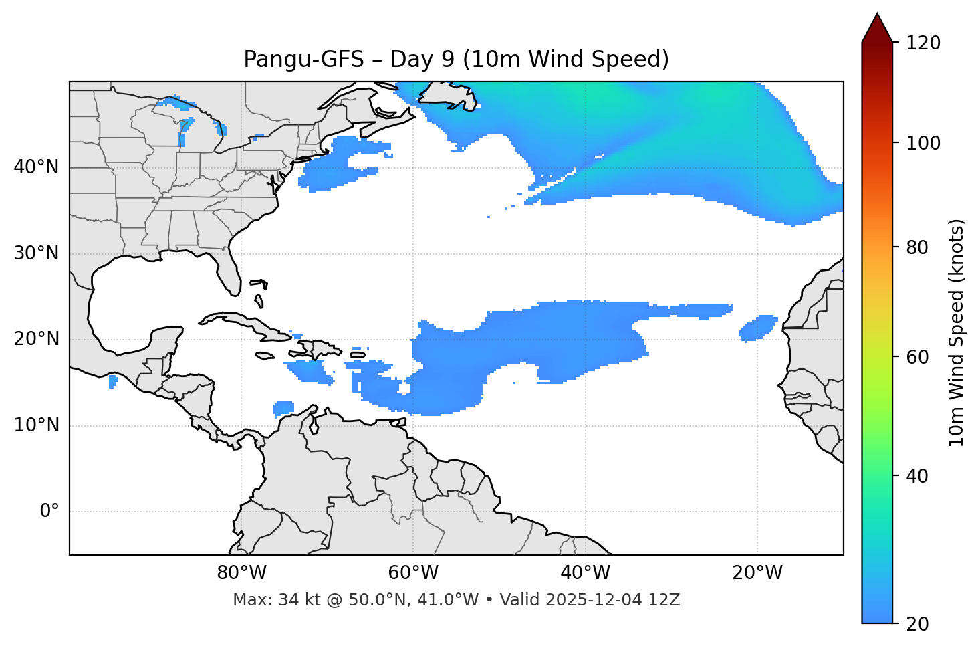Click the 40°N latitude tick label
[x=36, y=167]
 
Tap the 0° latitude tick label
[x=49, y=512]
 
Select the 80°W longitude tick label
[x=241, y=574]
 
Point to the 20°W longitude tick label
[x=757, y=574]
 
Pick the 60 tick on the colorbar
[x=921, y=357]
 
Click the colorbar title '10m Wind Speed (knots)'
[x=957, y=332]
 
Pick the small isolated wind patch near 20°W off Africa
[x=759, y=328]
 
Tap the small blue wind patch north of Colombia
[x=284, y=407]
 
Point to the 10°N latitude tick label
[x=36, y=425]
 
